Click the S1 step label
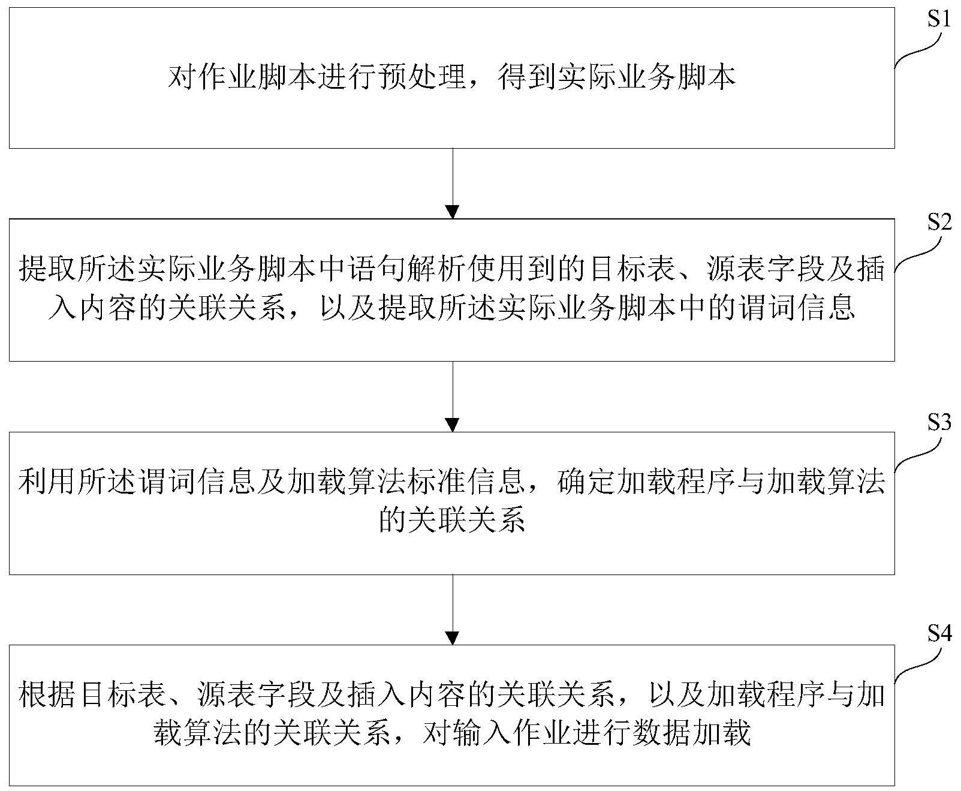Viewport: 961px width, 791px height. (x=939, y=19)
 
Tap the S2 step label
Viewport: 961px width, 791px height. (x=939, y=222)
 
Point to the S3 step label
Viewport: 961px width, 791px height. (x=939, y=423)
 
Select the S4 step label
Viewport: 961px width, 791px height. (x=939, y=634)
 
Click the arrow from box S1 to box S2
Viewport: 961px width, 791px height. (x=453, y=184)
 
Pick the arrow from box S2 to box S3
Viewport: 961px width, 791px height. (x=453, y=396)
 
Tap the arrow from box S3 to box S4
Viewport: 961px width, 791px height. (x=453, y=609)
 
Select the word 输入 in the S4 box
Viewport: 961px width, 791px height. (x=482, y=733)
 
